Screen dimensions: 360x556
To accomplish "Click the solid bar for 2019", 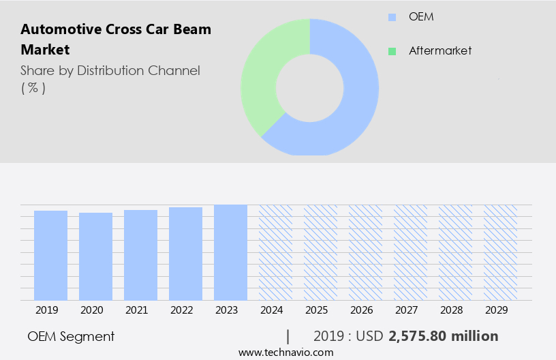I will (50, 255).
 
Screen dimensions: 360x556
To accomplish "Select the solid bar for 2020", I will (95, 256).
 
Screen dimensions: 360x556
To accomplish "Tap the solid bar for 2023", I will (230, 252).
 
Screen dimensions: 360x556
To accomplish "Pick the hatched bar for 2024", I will (275, 252).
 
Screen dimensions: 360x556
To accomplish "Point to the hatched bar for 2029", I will (500, 252).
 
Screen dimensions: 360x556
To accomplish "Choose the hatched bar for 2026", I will (365, 252).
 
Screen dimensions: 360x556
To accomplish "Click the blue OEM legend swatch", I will (392, 17).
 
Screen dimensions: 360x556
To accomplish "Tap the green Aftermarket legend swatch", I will (392, 51).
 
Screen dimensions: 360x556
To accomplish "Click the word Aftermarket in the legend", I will (440, 51).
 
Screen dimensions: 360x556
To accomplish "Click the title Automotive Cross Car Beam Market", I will (116, 40).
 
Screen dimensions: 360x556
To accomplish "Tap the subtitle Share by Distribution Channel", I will (110, 71).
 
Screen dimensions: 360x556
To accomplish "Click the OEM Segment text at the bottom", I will (71, 336).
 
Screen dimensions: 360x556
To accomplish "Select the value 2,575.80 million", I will (443, 336).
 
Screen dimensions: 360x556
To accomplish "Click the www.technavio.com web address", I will (286, 352).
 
